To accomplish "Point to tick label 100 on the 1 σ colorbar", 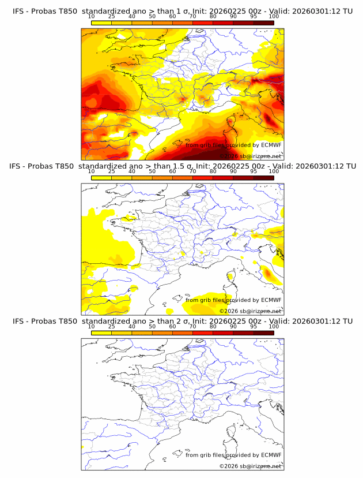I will [x=274, y=16].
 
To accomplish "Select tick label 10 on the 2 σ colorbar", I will [x=92, y=326].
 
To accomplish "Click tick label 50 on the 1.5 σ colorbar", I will [x=152, y=171].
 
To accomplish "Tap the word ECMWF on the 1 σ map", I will [x=271, y=145].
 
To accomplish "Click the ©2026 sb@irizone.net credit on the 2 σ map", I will [x=250, y=466].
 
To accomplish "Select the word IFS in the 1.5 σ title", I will [x=18, y=166].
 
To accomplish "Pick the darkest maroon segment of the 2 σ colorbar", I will [x=264, y=332].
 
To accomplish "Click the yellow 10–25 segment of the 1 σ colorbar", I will [x=101, y=23].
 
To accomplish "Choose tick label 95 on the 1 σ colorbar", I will [x=254, y=16].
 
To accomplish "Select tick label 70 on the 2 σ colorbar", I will [x=192, y=326].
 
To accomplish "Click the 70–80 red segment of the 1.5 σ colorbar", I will [x=203, y=177].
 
